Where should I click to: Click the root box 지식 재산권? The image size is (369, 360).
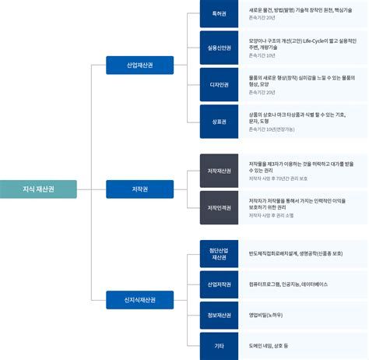point(38,188)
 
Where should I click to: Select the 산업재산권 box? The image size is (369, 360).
point(139,65)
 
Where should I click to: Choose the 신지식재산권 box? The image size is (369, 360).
point(139,299)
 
